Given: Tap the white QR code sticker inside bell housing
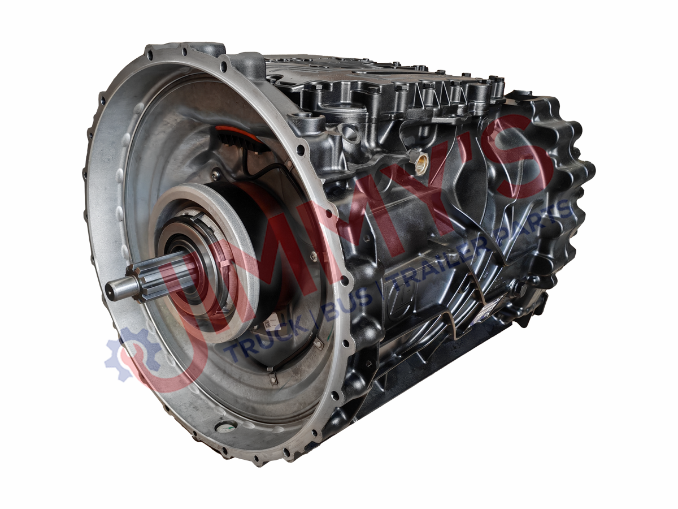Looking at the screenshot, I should (271, 325).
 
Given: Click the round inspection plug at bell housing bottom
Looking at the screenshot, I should (227, 427).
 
